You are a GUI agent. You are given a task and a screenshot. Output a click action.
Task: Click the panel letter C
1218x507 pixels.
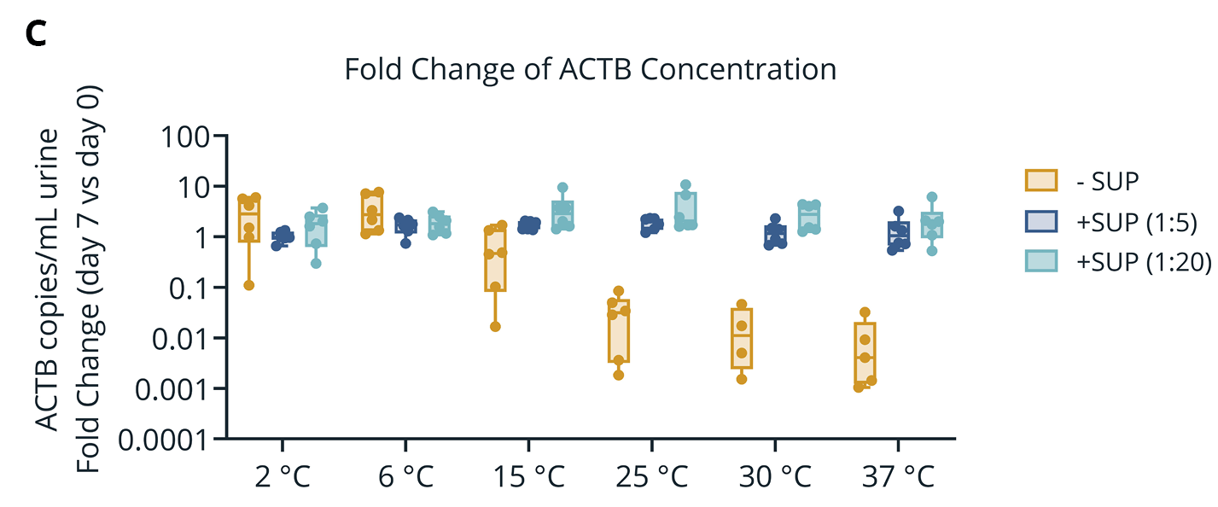coord(36,34)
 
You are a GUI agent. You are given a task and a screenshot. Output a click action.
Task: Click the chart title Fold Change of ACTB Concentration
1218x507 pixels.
coord(591,70)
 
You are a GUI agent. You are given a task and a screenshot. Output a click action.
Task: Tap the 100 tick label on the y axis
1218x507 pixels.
coord(185,137)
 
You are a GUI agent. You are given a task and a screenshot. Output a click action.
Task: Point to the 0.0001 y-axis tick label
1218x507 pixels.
coord(164,440)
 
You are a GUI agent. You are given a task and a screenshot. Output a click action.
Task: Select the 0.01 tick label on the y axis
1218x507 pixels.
coord(180,339)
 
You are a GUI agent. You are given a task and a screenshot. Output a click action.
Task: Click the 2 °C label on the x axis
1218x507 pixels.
coord(283,476)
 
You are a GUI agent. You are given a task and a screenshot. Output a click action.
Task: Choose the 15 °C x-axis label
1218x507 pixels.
coord(528,476)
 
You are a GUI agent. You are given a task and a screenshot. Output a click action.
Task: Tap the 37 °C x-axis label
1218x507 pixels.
coord(898,476)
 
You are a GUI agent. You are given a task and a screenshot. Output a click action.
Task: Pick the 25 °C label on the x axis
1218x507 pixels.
coord(651,476)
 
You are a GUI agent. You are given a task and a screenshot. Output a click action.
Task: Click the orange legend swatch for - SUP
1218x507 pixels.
coord(1040,181)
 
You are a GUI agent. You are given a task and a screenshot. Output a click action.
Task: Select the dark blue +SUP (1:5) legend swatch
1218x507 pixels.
coord(1040,221)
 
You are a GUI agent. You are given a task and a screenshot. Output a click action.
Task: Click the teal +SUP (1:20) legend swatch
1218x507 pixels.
coord(1040,261)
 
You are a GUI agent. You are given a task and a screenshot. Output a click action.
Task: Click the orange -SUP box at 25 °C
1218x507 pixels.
coord(619,331)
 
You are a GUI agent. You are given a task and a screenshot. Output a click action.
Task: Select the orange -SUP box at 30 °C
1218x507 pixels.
coord(742,338)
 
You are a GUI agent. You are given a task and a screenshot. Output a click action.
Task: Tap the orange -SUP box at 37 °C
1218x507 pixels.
coord(865,354)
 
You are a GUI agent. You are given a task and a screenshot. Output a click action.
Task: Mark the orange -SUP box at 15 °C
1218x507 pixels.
coord(495,259)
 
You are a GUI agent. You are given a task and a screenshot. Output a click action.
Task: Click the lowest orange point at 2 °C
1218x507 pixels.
coord(249,285)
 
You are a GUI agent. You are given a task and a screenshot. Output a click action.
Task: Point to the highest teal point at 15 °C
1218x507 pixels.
coord(562,188)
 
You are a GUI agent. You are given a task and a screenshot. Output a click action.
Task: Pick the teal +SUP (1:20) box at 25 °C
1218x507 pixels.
coord(685,207)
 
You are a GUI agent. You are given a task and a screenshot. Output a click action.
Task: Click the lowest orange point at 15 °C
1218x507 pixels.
coord(495,326)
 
